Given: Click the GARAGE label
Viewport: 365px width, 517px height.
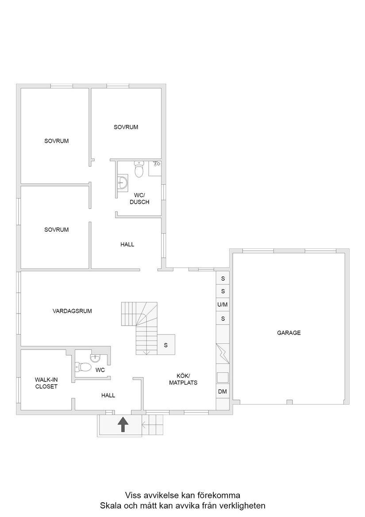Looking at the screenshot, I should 289,333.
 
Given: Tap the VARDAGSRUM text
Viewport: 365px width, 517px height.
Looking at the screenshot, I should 72,311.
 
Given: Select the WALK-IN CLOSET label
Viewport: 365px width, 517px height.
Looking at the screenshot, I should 46,383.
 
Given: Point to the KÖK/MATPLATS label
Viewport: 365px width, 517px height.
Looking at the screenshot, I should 183,379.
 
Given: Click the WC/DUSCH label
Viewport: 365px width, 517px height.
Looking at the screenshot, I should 139,198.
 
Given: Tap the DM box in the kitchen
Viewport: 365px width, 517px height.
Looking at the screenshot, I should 223,391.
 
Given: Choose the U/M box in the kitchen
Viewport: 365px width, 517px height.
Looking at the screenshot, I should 223,305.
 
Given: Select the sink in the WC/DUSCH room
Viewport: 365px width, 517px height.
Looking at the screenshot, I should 123,182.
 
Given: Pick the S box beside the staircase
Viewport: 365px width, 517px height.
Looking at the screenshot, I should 166,345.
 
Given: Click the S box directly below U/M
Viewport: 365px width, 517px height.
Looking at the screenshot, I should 223,319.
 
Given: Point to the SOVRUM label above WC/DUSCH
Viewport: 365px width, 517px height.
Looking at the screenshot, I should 126,127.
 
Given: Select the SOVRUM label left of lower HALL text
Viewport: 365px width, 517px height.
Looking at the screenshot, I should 56,230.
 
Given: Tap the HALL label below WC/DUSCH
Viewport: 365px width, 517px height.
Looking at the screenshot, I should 127,244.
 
